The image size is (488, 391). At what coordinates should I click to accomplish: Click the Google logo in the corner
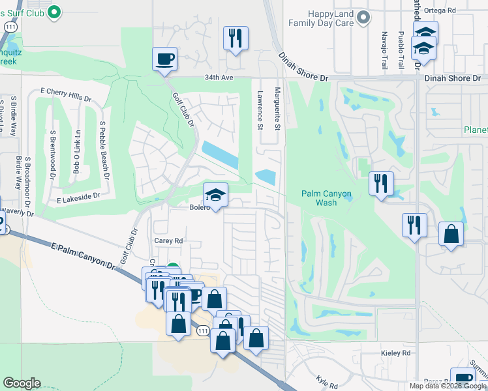(x=22, y=383)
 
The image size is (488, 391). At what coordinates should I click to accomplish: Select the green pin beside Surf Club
(x=55, y=11)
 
